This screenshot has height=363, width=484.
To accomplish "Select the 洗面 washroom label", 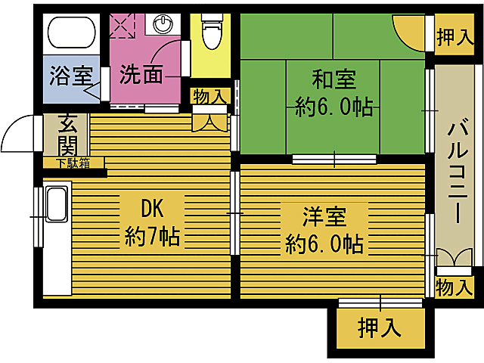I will pyautogui.click(x=142, y=75).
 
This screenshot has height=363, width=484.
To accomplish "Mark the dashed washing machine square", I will pyautogui.click(x=121, y=26).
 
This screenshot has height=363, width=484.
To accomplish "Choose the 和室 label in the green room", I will pyautogui.click(x=334, y=79).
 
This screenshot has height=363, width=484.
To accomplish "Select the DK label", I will pyautogui.click(x=151, y=207).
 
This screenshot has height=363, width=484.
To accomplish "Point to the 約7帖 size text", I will pyautogui.click(x=151, y=237).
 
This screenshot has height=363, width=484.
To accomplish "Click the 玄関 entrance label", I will pyautogui.click(x=67, y=136).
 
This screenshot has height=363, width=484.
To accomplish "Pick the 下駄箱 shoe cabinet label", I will pyautogui.click(x=73, y=163).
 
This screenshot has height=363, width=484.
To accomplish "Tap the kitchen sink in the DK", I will pyautogui.click(x=57, y=204).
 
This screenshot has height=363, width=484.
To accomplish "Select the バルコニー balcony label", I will pyautogui.click(x=457, y=170).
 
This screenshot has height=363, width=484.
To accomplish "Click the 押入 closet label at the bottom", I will pyautogui.click(x=378, y=328).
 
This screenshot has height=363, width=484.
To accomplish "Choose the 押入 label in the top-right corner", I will pyautogui.click(x=455, y=39).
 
